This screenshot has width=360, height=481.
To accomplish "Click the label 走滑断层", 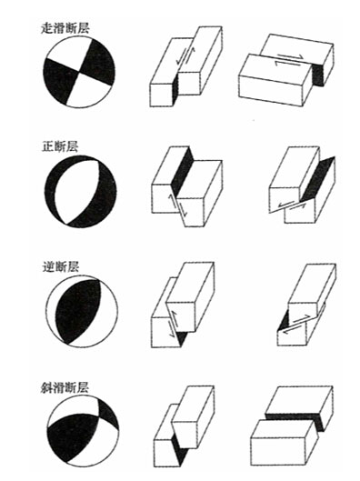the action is click(x=65, y=28).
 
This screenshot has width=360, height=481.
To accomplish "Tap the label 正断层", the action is click(x=60, y=146).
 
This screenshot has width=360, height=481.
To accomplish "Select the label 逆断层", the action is click(x=60, y=266).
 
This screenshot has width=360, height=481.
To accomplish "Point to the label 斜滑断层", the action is click(x=65, y=387).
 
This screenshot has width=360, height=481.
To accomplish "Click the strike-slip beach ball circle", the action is click(x=79, y=72).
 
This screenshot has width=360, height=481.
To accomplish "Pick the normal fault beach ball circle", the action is click(x=80, y=192).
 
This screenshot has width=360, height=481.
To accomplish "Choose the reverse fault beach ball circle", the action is click(x=82, y=312).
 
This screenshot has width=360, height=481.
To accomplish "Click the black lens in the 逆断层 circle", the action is click(x=78, y=311).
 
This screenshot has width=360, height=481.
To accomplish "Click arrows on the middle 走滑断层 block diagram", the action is click(x=185, y=55).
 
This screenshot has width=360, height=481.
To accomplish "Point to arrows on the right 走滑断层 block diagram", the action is click(x=289, y=60).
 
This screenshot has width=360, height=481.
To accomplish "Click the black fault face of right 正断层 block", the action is click(x=317, y=178).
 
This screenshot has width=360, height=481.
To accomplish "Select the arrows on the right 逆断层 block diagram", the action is click(x=295, y=325).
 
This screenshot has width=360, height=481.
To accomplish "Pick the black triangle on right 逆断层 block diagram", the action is click(x=284, y=320).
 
